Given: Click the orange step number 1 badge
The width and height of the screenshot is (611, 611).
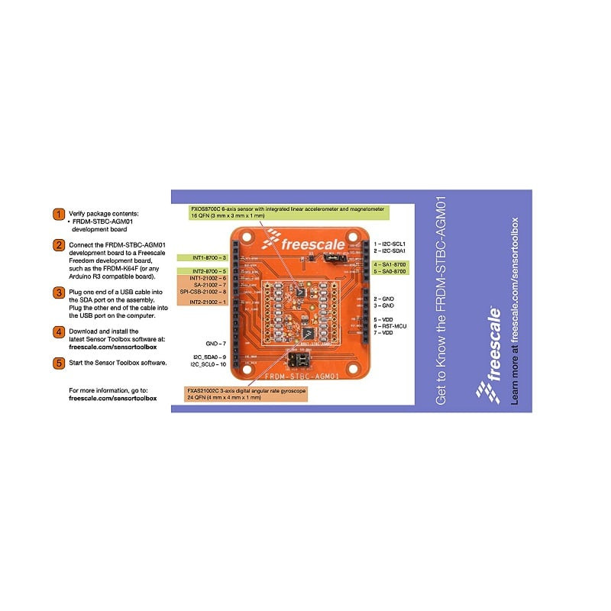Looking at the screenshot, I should [59, 214].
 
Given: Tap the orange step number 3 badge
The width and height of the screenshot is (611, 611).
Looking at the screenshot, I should [59, 292].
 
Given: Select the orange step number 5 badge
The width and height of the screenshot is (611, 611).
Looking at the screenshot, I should [59, 362].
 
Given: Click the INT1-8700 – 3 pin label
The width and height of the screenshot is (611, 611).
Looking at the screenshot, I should [202, 259].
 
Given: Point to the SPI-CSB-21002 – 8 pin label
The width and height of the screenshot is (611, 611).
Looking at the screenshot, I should [202, 292].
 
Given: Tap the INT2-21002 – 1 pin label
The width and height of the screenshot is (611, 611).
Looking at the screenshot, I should [202, 302].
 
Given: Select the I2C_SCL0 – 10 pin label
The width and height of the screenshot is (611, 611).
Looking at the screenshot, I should [209, 365].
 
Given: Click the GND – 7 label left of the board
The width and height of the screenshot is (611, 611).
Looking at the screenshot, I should [216, 344].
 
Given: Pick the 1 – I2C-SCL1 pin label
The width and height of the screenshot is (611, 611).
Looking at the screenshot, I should [390, 244].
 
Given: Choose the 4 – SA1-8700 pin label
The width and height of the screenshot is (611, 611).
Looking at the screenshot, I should [390, 264].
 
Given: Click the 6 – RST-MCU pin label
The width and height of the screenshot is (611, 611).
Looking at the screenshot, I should [390, 326].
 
